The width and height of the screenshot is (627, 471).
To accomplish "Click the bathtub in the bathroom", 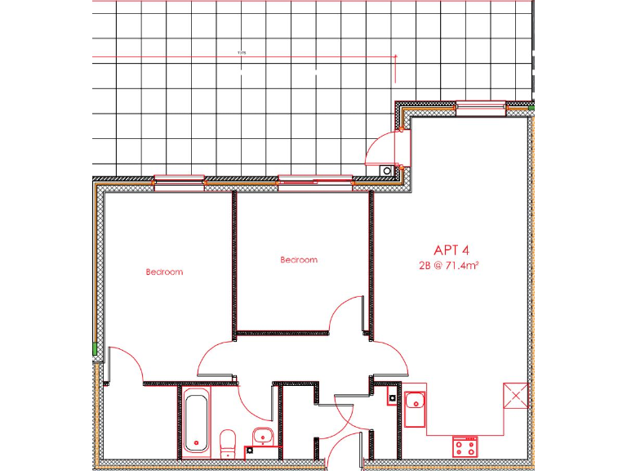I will click(196, 420).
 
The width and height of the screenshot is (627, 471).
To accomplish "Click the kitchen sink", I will click(415, 401).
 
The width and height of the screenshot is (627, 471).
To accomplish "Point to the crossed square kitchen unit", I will click(515, 396).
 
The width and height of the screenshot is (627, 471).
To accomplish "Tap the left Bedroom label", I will click(164, 271).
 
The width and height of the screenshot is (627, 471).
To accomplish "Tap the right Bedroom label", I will click(298, 260).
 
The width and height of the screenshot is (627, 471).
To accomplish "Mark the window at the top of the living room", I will click(479, 104).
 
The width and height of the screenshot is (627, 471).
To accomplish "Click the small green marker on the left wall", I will click(96, 350).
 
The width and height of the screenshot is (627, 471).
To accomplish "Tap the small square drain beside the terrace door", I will click(385, 170).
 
